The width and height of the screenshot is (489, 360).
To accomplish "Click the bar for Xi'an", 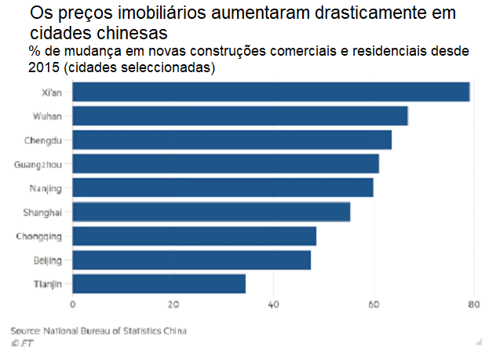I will tap(271, 92).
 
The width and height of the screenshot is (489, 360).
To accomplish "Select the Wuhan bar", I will tap(240, 116).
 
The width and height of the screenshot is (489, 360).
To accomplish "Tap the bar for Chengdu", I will tap(232, 140).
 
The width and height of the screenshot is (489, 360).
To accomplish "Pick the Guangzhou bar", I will tap(226, 164).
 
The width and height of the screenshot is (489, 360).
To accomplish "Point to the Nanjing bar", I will tap(223, 188).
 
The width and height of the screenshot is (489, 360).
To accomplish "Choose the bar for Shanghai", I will tap(211, 212).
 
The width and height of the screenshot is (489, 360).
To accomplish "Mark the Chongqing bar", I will tap(195, 236).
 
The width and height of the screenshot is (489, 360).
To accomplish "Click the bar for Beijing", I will tap(192, 260).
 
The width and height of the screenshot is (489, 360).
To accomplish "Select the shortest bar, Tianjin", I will tap(159, 283).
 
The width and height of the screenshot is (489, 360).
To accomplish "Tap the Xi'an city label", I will tap(51, 93).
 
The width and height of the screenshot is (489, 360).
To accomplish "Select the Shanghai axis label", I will tap(44, 213).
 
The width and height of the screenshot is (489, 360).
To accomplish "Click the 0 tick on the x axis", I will tap(72, 304).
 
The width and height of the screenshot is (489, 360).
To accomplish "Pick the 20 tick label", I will tap(173, 304).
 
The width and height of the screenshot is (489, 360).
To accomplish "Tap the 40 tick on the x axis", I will tap(273, 304).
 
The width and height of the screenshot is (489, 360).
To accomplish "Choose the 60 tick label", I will tap(374, 304).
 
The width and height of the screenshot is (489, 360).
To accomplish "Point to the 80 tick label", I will tap(473, 304).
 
